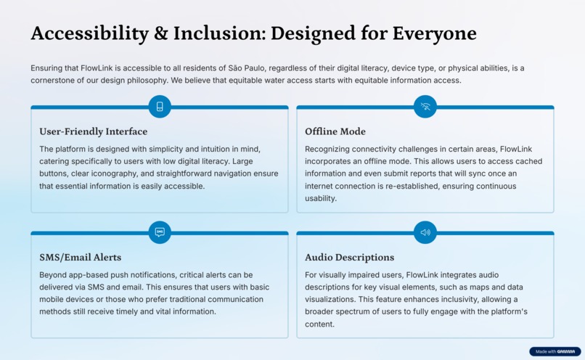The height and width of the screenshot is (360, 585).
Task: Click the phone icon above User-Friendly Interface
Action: click(160, 107)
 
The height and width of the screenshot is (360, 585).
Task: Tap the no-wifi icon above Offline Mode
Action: click(425, 107)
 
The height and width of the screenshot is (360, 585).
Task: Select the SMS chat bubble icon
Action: click(160, 232)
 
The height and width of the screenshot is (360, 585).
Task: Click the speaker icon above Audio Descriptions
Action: click(425, 232)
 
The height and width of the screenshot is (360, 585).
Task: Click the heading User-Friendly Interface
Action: click(93, 131)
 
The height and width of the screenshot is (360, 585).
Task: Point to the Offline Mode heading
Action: click(335, 131)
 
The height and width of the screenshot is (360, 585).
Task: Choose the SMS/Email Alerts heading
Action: click(80, 257)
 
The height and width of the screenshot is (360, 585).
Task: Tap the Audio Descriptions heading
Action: click(349, 257)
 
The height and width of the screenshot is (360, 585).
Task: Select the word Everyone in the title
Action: click(435, 33)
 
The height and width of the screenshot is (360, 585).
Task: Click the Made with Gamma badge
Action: click(555, 351)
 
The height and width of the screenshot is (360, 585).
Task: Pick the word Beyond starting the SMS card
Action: click(52, 275)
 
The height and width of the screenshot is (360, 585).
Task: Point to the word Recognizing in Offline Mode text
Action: click(329, 149)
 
